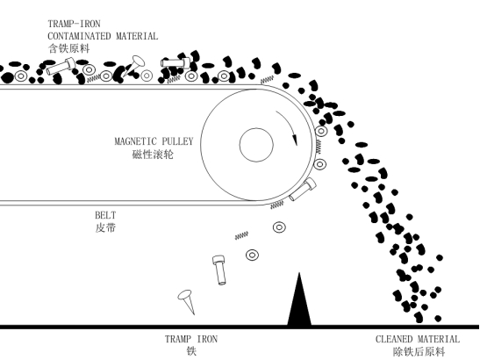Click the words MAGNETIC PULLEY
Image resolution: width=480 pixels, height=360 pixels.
(x=154, y=141)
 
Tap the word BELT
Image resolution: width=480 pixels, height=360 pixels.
(x=105, y=215)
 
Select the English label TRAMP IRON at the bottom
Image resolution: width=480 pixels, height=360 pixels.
(x=191, y=339)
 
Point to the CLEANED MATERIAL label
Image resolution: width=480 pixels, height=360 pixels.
(x=418, y=339)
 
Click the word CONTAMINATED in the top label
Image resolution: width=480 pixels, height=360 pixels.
(x=79, y=36)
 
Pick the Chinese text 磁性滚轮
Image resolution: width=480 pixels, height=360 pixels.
(x=153, y=155)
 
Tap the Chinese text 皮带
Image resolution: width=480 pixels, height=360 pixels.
(x=105, y=228)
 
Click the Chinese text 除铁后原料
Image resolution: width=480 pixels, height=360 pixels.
(x=419, y=352)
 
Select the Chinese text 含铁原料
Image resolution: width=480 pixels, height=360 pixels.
(x=68, y=48)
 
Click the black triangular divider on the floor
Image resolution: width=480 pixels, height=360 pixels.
(x=299, y=303)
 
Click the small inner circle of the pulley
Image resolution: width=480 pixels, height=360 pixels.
(x=256, y=145)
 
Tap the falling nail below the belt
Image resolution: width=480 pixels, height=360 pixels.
(x=186, y=299)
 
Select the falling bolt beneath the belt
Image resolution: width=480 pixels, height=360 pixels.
(x=219, y=270)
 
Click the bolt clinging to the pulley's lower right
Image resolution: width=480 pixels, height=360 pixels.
(x=303, y=190)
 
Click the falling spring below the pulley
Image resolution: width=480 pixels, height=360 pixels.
(x=241, y=235)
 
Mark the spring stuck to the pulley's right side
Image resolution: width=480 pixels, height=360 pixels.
(x=319, y=147)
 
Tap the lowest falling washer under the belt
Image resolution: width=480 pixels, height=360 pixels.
(x=252, y=255)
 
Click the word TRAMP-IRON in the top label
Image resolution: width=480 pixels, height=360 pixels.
(x=74, y=24)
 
